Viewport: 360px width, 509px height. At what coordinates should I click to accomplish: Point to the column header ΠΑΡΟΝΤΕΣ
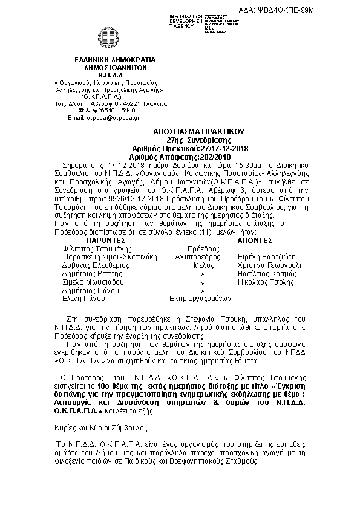point(106,239)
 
